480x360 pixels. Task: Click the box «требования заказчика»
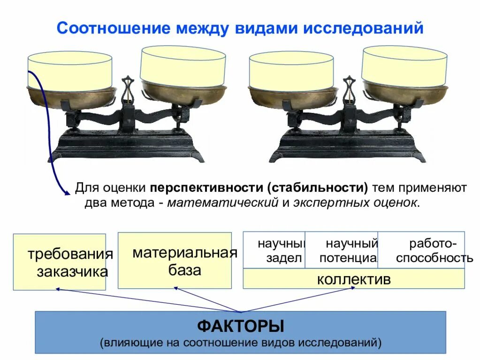pos(60,262)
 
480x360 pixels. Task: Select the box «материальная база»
pos(175,260)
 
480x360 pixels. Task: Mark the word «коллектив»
pos(353,279)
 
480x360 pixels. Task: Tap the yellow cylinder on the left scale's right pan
pos(183,66)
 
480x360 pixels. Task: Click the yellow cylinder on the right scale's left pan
pos(291,71)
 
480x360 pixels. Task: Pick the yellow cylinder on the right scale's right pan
pos(404,66)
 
